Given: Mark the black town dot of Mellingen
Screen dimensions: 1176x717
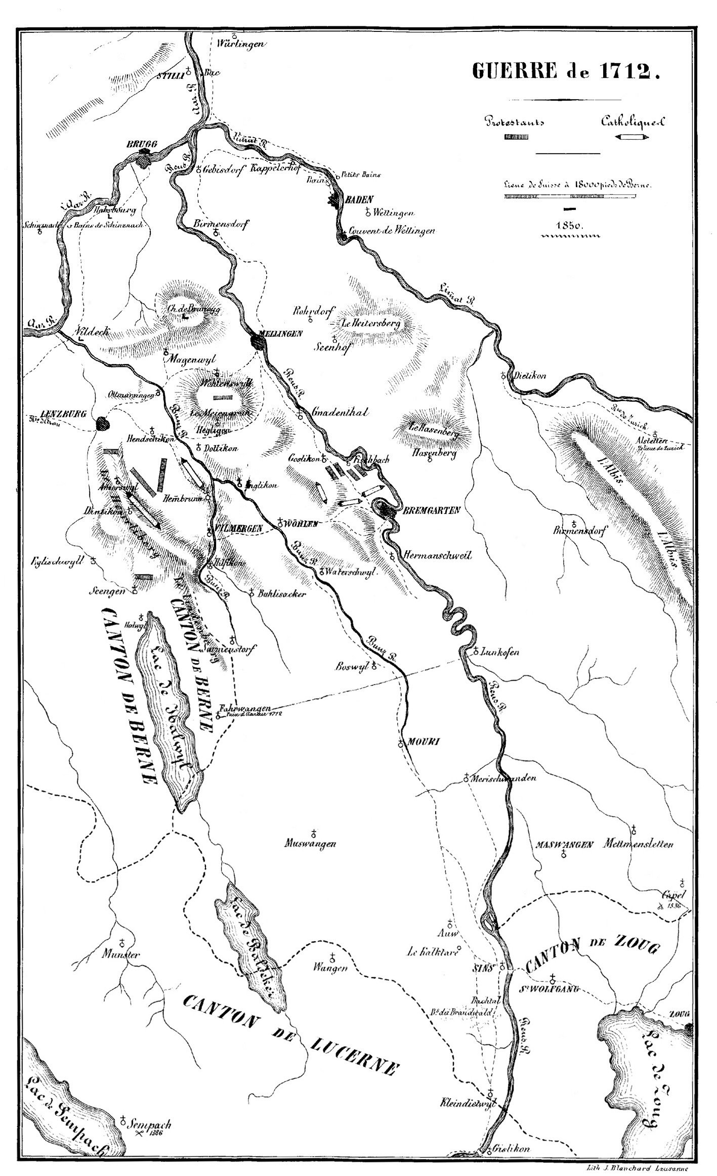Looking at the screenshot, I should pos(258,342).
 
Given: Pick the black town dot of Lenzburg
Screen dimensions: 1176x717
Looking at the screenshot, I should pos(104,423).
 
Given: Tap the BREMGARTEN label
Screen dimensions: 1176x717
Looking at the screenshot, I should pos(431,510).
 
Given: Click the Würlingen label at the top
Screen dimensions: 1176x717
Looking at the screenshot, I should pos(240,44).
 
